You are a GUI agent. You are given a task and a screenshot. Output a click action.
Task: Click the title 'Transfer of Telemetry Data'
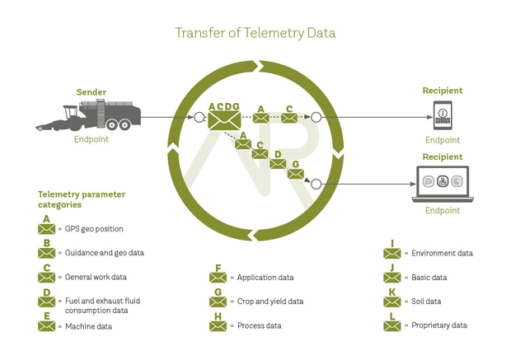(x=255, y=33)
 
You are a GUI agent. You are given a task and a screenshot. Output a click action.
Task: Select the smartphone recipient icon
(x=443, y=115)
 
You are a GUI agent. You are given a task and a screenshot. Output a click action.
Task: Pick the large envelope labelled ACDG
(x=223, y=121)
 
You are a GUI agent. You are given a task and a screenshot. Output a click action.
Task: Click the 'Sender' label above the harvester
(x=91, y=92)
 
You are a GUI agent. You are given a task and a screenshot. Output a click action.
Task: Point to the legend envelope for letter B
(x=47, y=254)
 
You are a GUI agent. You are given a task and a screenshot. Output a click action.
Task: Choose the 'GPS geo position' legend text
(x=94, y=229)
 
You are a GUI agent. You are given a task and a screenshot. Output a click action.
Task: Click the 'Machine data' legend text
(x=89, y=326)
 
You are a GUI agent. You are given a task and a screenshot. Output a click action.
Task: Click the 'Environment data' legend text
(x=443, y=254)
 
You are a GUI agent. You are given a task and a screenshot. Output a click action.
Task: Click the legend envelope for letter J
(x=392, y=278)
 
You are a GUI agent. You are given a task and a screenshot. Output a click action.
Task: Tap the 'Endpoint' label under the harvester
(x=91, y=139)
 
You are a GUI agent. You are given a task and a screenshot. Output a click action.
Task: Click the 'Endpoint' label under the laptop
(x=443, y=211)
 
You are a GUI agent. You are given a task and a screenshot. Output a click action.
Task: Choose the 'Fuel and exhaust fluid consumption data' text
(x=103, y=306)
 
